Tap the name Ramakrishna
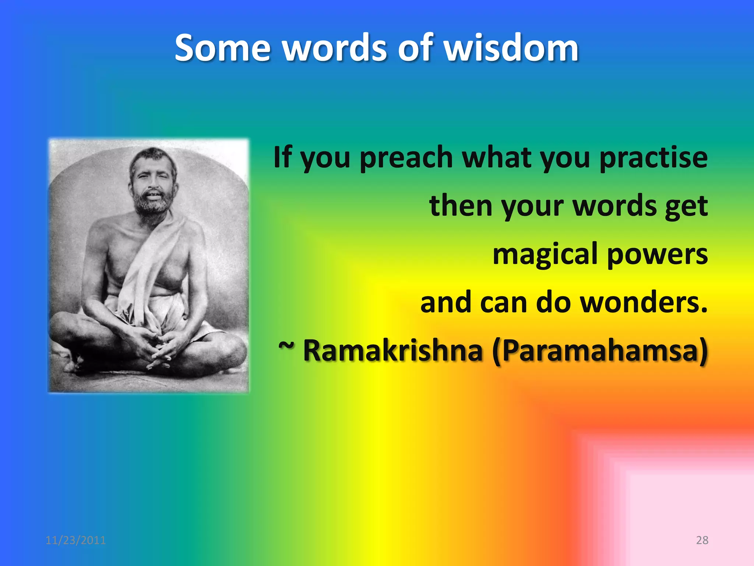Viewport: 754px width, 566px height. coord(392,350)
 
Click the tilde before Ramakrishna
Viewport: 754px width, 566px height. coord(286,346)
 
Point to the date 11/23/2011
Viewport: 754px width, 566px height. coord(75,540)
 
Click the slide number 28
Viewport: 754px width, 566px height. coord(702,540)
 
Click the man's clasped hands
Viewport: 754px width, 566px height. coord(156,345)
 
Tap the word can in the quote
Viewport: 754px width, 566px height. coord(503,303)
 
